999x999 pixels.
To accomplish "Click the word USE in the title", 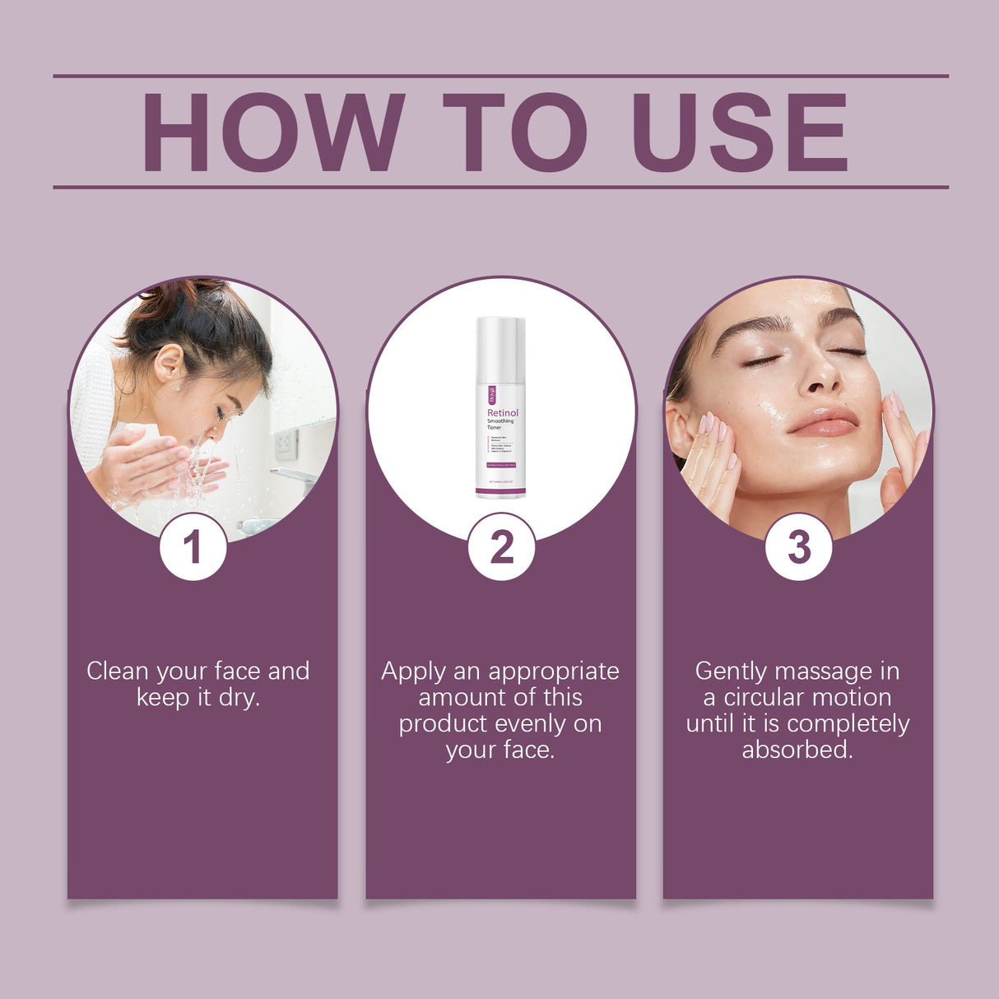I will [740, 132].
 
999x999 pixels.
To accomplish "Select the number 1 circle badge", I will [193, 547].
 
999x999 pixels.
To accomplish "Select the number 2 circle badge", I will [501, 547].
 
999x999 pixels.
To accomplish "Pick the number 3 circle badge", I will [798, 547].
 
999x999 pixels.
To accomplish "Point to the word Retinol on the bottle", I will [503, 412].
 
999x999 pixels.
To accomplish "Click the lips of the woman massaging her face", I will [824, 422].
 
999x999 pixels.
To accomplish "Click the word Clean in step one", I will [117, 671].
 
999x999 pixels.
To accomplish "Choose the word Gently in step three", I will [731, 671].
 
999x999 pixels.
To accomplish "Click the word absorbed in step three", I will [797, 750].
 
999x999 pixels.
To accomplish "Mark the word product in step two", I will [446, 724].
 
